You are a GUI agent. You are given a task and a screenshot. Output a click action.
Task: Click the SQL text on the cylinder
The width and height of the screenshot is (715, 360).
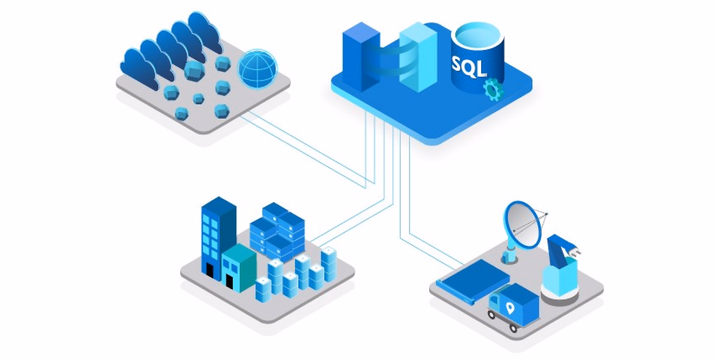pyautogui.click(x=469, y=67)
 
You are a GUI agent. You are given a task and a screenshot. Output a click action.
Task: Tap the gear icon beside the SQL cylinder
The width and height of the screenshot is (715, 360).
pyautogui.click(x=493, y=90)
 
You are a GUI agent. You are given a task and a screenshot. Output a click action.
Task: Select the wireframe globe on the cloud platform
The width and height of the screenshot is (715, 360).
pyautogui.click(x=258, y=69)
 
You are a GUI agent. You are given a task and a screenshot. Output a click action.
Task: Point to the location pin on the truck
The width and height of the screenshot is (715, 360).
pyautogui.click(x=510, y=309)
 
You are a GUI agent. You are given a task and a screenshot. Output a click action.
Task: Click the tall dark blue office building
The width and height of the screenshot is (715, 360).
pyautogui.click(x=218, y=238)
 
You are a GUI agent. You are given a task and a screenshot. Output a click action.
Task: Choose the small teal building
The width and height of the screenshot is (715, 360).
pyautogui.click(x=239, y=268)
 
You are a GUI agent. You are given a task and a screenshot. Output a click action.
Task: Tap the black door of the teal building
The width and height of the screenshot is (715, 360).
pyautogui.click(x=229, y=281)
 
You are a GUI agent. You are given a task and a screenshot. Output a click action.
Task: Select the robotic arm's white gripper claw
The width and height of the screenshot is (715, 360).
pyautogui.click(x=573, y=252)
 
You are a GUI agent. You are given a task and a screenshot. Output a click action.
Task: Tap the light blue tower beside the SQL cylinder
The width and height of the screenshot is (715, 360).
pyautogui.click(x=418, y=57)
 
